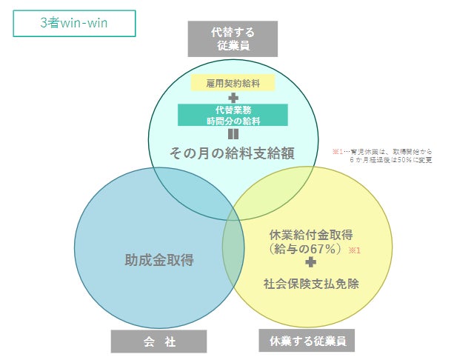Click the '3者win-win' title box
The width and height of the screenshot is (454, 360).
(74, 23)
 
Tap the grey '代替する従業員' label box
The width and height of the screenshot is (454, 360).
(233, 39)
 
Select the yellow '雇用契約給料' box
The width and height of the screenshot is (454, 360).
(233, 82)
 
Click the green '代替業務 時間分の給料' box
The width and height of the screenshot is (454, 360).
(233, 115)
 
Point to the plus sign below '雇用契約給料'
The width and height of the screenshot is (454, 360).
(233, 98)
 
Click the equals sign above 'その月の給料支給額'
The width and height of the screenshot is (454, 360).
(233, 134)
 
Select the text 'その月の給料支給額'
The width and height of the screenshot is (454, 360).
(233, 153)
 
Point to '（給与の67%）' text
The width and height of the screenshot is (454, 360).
(304, 250)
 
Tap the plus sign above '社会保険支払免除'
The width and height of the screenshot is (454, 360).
(311, 264)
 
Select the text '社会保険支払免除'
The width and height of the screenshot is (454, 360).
(311, 283)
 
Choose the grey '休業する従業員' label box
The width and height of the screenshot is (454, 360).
(307, 341)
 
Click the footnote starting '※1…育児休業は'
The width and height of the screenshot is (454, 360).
(381, 151)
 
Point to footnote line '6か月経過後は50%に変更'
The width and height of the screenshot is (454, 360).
(390, 159)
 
